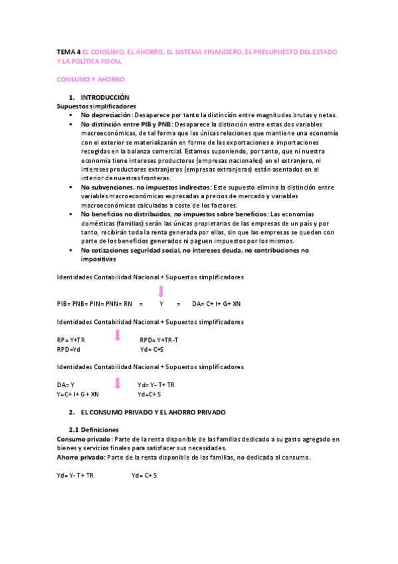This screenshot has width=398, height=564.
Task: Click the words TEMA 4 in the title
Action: pyautogui.click(x=68, y=51)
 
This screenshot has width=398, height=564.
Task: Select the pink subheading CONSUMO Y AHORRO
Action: pyautogui.click(x=86, y=79)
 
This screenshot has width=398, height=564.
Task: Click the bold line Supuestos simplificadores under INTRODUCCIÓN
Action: pyautogui.click(x=96, y=106)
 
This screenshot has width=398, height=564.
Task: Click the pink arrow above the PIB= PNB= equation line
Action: pyautogui.click(x=161, y=291)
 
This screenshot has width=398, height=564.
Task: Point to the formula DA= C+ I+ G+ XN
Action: pyautogui.click(x=216, y=304)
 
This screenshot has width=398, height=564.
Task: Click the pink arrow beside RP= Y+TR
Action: pyautogui.click(x=117, y=335)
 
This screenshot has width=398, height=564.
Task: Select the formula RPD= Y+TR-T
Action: pyautogui.click(x=159, y=340)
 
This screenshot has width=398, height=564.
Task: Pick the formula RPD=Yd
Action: pyautogui.click(x=68, y=349)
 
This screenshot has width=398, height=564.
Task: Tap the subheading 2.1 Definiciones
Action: pyautogui.click(x=94, y=430)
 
